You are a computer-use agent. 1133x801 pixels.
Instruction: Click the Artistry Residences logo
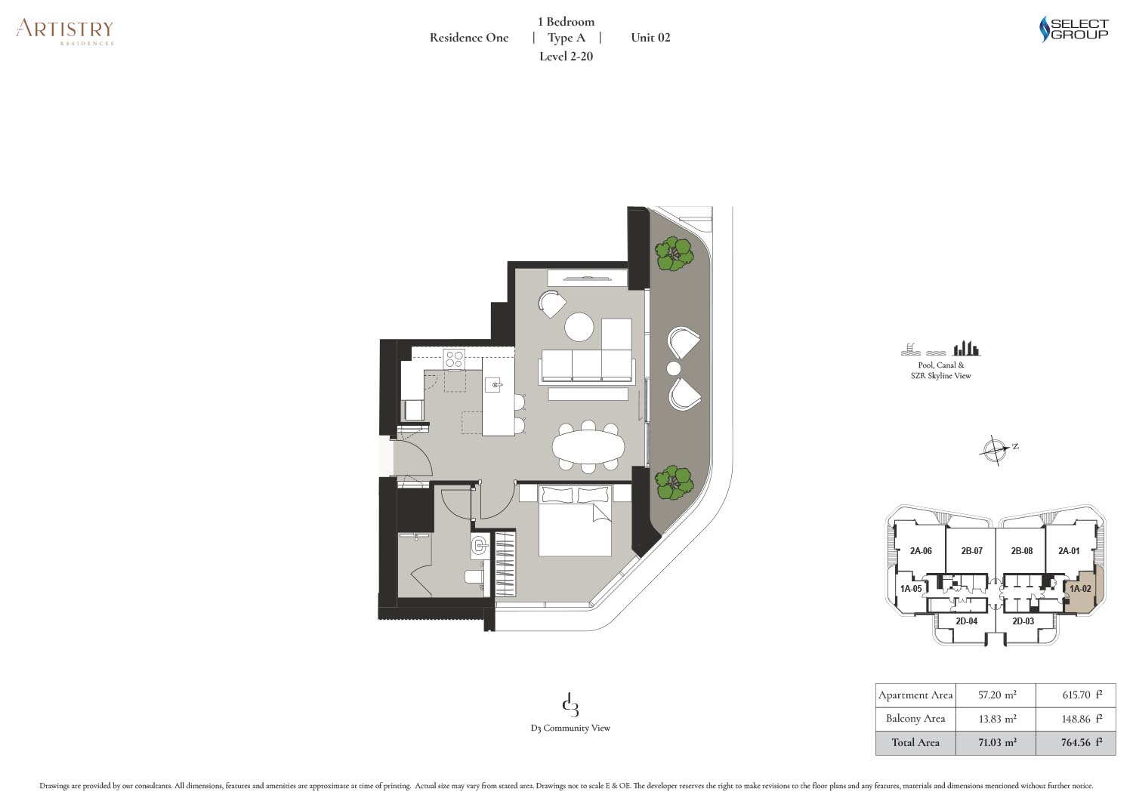[x=65, y=32]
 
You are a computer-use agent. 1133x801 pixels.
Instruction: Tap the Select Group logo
[x=1073, y=29]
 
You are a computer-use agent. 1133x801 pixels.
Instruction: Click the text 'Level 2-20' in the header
[x=566, y=56]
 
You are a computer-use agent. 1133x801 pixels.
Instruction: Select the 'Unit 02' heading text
[x=650, y=38]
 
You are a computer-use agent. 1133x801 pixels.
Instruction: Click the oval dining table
[x=588, y=446]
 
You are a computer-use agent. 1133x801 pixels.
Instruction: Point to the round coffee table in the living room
[x=579, y=327]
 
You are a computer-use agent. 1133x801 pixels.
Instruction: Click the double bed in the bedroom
[x=575, y=520]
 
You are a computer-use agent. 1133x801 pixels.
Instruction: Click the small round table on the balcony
[x=673, y=368]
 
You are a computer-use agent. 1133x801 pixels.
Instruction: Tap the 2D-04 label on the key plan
[x=966, y=621]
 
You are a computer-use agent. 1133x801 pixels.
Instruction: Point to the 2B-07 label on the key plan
[x=971, y=550]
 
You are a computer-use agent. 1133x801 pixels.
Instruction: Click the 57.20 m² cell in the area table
[x=996, y=695]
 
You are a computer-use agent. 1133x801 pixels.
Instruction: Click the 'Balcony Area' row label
[x=915, y=719]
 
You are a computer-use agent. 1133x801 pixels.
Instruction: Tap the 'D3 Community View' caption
[x=570, y=728]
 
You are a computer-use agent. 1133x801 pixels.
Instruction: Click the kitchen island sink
[x=494, y=385]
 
